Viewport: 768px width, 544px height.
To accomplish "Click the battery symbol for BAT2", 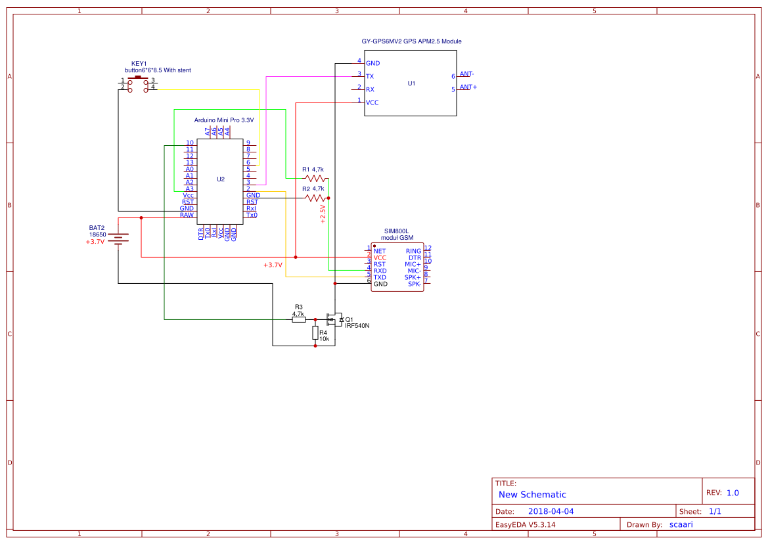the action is [x=118, y=238].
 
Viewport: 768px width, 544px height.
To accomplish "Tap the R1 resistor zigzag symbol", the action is [x=315, y=178].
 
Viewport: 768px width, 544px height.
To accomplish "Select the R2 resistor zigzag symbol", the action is [x=315, y=198].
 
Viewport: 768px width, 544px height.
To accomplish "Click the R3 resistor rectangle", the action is [x=299, y=320].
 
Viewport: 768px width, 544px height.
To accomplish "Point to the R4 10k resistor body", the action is [x=315, y=334].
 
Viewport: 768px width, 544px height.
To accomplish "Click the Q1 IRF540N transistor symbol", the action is [x=334, y=320].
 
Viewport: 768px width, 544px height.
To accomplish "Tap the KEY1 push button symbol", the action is [x=138, y=83].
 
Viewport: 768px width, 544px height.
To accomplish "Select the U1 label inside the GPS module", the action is [x=411, y=83].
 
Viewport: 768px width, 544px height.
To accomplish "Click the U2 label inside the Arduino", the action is [x=221, y=179].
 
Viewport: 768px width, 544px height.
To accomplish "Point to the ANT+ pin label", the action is [x=468, y=87].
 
